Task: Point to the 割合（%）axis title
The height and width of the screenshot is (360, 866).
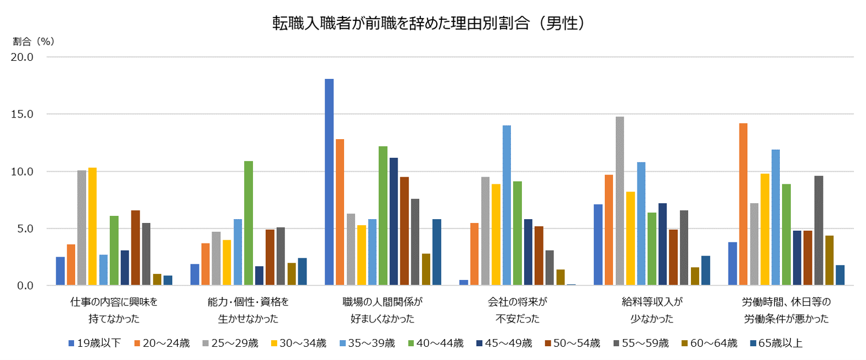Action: click(34, 41)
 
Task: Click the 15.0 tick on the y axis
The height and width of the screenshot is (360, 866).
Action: click(23, 114)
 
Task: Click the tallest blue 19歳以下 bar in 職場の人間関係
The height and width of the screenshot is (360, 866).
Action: click(329, 182)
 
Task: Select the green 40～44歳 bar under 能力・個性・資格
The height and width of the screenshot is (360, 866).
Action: click(249, 223)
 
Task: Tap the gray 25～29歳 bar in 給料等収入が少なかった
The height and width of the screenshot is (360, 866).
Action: click(619, 201)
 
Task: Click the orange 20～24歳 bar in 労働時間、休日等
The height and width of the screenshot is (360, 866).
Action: click(743, 204)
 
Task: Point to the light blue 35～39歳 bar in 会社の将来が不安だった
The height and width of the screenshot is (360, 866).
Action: click(506, 205)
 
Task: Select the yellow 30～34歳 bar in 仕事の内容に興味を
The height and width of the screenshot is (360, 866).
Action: click(93, 226)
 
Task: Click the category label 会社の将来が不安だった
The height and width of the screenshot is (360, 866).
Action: click(517, 310)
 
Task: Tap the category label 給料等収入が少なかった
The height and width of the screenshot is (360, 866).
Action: click(652, 310)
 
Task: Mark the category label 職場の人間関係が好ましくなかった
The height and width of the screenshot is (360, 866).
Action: click(382, 310)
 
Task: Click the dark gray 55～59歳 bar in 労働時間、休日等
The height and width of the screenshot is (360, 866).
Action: click(819, 231)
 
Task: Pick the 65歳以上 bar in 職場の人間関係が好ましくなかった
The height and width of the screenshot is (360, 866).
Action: click(436, 252)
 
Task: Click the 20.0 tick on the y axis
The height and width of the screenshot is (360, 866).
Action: click(23, 57)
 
